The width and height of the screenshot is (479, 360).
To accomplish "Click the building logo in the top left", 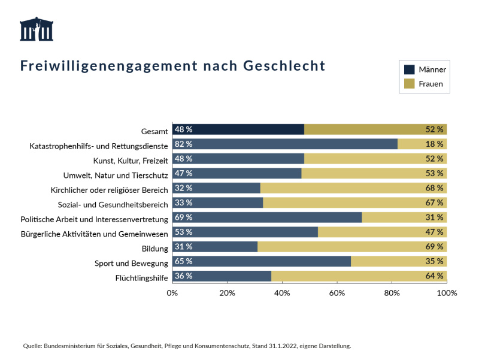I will click(x=37, y=29).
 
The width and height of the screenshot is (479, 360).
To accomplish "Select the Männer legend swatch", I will click(x=410, y=69).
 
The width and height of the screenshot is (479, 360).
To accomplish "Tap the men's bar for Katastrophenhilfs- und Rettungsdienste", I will click(x=285, y=144).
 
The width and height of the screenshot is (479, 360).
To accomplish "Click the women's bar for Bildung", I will click(x=352, y=247).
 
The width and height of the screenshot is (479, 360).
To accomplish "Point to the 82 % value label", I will click(x=184, y=144).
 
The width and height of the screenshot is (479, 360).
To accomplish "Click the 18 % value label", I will click(x=435, y=144).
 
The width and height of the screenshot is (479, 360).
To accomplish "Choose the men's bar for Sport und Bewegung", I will click(x=261, y=262).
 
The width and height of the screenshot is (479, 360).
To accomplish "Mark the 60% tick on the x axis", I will click(x=337, y=293).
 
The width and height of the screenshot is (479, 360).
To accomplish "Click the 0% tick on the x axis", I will click(x=172, y=293).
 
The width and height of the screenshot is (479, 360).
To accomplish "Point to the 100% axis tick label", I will click(x=447, y=293).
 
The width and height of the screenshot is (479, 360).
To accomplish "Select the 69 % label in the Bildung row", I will click(x=435, y=247).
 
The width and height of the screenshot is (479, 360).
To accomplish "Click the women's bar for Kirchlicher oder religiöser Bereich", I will click(x=353, y=188).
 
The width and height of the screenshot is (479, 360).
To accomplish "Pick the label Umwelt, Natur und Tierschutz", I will click(x=116, y=175).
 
